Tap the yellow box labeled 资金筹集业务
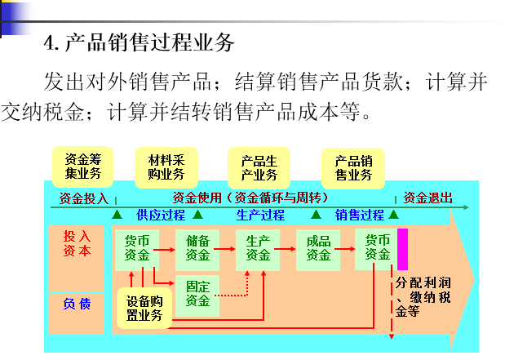click(83, 167)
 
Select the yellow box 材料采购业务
click(166, 167)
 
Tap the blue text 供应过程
click(161, 216)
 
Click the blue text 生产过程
click(260, 216)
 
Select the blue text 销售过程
click(360, 216)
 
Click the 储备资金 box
click(197, 248)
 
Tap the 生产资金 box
click(258, 248)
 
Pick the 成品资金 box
click(318, 248)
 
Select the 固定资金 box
click(197, 293)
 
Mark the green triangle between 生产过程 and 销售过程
click(316, 216)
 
